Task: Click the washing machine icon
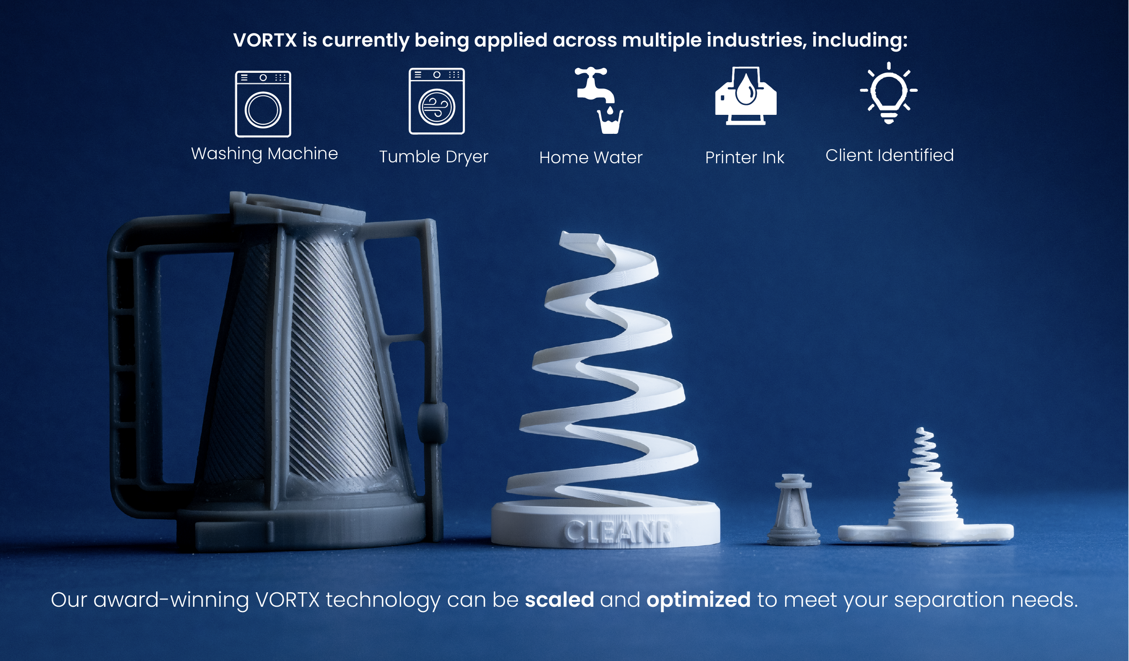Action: coord(263,104)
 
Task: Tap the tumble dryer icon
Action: coord(436,101)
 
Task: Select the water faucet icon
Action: coord(599,100)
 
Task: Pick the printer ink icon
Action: coord(745,96)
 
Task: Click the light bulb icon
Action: coord(888,93)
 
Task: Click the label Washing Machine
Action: coord(265,154)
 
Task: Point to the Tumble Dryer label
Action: coord(433,157)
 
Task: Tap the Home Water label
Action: coord(591,157)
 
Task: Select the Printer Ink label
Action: coord(745,157)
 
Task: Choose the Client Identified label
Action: coord(889,155)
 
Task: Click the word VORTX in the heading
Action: coord(265,40)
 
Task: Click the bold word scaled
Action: coord(559,600)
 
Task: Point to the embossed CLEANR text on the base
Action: coord(618,532)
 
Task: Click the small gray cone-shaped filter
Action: coord(793,509)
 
